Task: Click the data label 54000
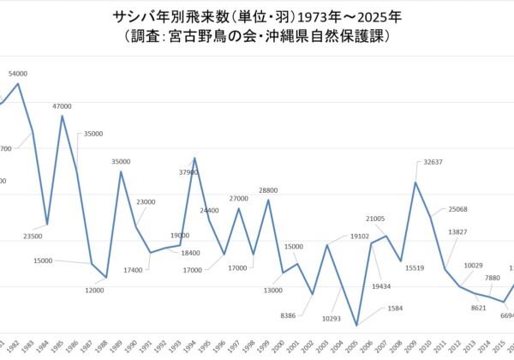[x=18, y=74]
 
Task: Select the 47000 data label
[x=62, y=105]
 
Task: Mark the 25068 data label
[x=457, y=209]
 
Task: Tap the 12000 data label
[x=95, y=291]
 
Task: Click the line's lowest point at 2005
[x=356, y=326]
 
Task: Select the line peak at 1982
[x=18, y=84]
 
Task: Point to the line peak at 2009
[x=415, y=183]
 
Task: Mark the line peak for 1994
[x=194, y=158]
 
